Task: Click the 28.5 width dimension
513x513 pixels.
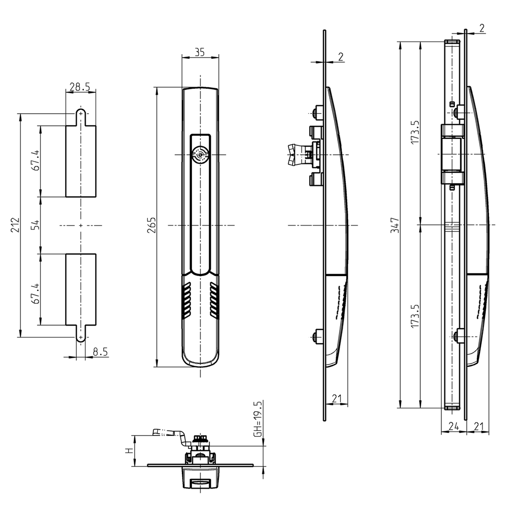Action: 80,87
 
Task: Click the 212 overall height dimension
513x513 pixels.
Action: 16,225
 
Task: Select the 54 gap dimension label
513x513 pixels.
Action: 35,225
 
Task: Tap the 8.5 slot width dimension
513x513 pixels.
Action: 100,352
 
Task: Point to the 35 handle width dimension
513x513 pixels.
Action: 200,52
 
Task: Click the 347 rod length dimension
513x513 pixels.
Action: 395,225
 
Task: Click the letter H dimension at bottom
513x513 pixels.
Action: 129,451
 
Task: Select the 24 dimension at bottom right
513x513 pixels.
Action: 453,426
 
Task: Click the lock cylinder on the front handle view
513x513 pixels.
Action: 200,155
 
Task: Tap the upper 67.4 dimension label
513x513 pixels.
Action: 35,160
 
